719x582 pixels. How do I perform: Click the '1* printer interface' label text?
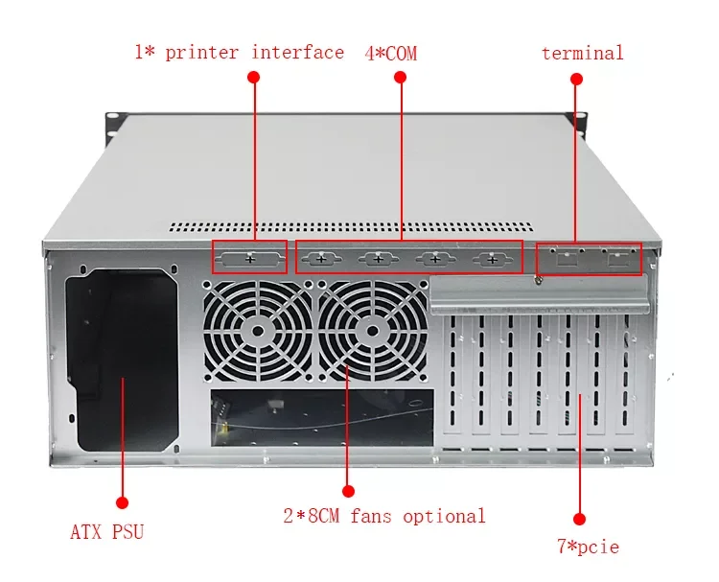(239, 52)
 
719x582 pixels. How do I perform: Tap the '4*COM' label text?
(390, 53)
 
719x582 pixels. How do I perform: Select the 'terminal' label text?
(582, 53)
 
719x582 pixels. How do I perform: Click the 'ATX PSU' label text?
(106, 531)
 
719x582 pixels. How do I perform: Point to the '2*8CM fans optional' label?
(383, 516)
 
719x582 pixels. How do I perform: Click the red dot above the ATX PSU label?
(122, 501)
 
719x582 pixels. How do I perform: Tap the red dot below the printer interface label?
(254, 76)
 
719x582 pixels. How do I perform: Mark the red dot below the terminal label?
(576, 77)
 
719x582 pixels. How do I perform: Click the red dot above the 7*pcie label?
(577, 517)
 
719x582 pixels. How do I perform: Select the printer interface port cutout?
(249, 259)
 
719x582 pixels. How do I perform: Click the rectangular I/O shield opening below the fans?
(321, 415)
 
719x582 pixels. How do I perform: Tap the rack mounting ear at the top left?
(112, 122)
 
